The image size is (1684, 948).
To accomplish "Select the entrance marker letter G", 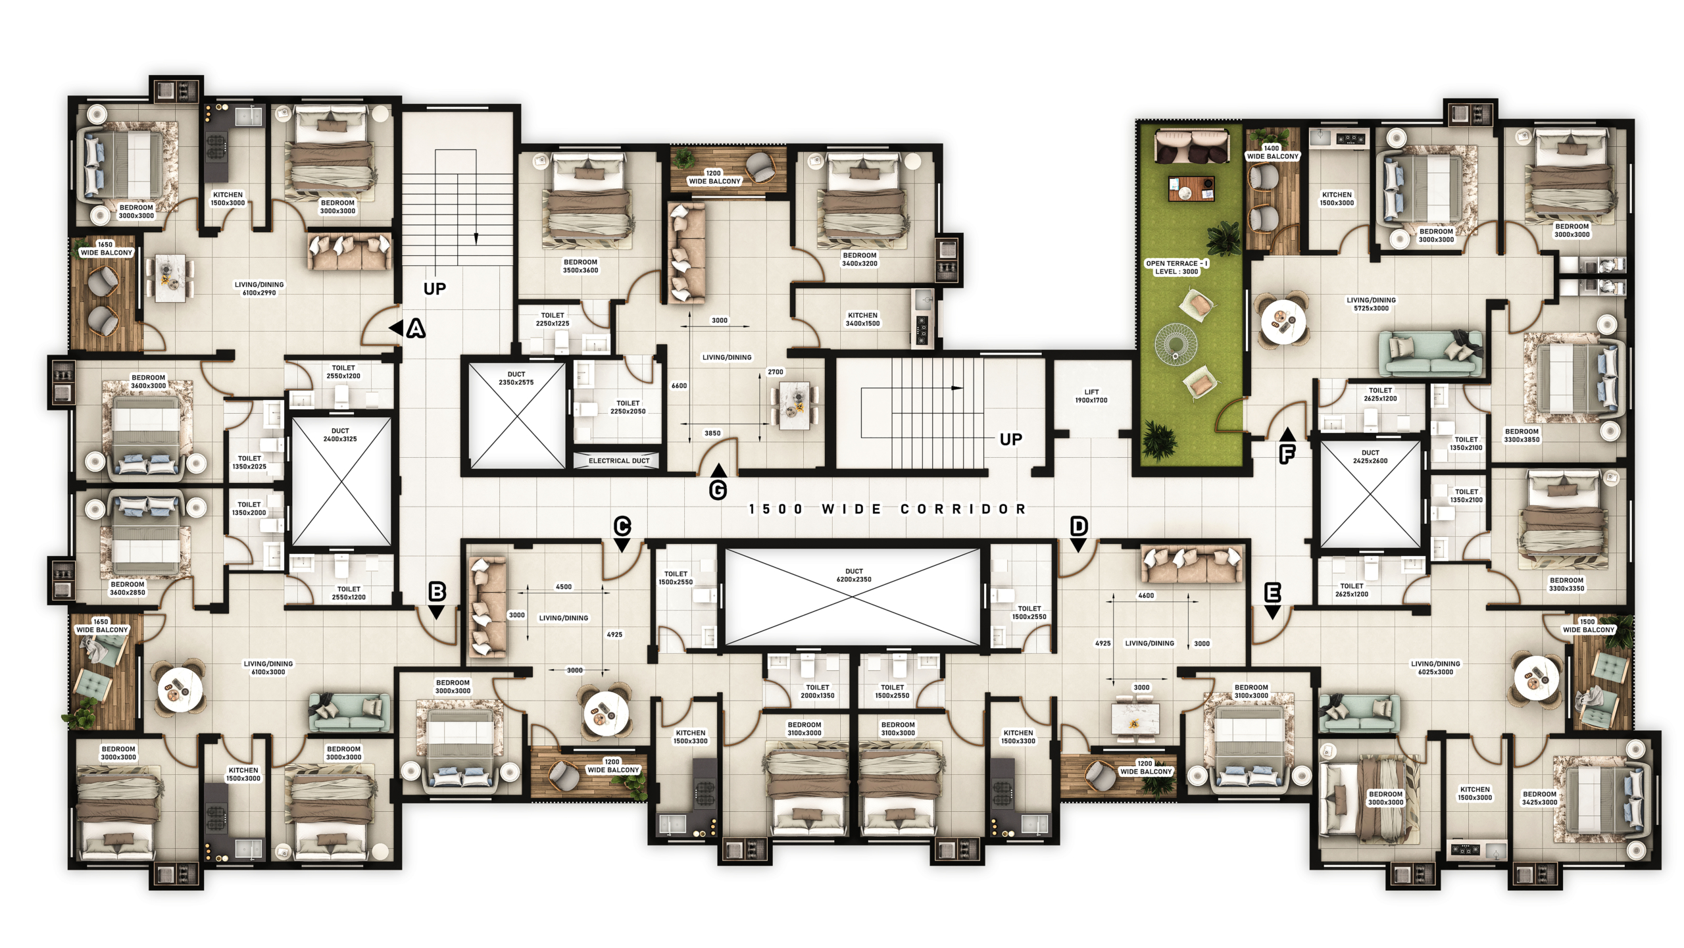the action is (x=718, y=490).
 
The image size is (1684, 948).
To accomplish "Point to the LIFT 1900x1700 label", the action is (x=1091, y=396).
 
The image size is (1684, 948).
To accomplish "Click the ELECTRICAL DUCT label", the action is (x=619, y=461).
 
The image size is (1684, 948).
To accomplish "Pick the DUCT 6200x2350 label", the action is (x=854, y=576).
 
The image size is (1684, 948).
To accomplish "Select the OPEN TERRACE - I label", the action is (x=1177, y=263).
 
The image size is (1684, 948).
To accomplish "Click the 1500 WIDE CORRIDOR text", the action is (x=887, y=509).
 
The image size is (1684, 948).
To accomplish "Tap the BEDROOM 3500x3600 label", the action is (x=580, y=266).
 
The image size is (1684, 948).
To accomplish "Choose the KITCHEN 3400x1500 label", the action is (x=862, y=319).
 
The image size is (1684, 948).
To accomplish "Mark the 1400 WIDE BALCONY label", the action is (x=1272, y=153).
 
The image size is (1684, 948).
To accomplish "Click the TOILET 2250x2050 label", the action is (x=628, y=407).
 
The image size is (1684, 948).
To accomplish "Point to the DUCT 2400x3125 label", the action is (x=340, y=435).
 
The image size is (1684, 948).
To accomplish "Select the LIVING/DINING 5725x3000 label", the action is (x=1371, y=304).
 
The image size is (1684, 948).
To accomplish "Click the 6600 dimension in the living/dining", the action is (x=679, y=386).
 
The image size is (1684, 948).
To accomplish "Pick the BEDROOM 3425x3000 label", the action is (x=1539, y=798).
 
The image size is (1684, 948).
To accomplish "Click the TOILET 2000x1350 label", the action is (x=817, y=691).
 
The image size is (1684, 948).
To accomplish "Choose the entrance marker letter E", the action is (x=1273, y=593).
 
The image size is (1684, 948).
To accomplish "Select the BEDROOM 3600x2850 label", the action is (x=127, y=588).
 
